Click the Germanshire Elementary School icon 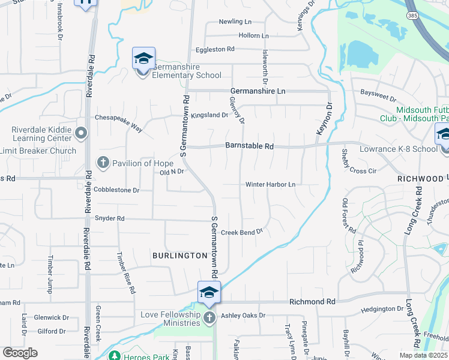(143, 59)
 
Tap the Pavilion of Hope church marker (103, 163)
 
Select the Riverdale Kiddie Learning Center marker (82, 133)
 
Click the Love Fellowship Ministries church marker (209, 317)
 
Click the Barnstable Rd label (250, 146)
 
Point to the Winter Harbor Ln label (271, 185)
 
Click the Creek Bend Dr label (242, 232)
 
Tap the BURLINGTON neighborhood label (179, 256)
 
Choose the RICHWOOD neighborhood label (420, 179)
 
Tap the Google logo (20, 353)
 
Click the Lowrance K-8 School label (398, 149)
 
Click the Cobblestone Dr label (116, 190)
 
